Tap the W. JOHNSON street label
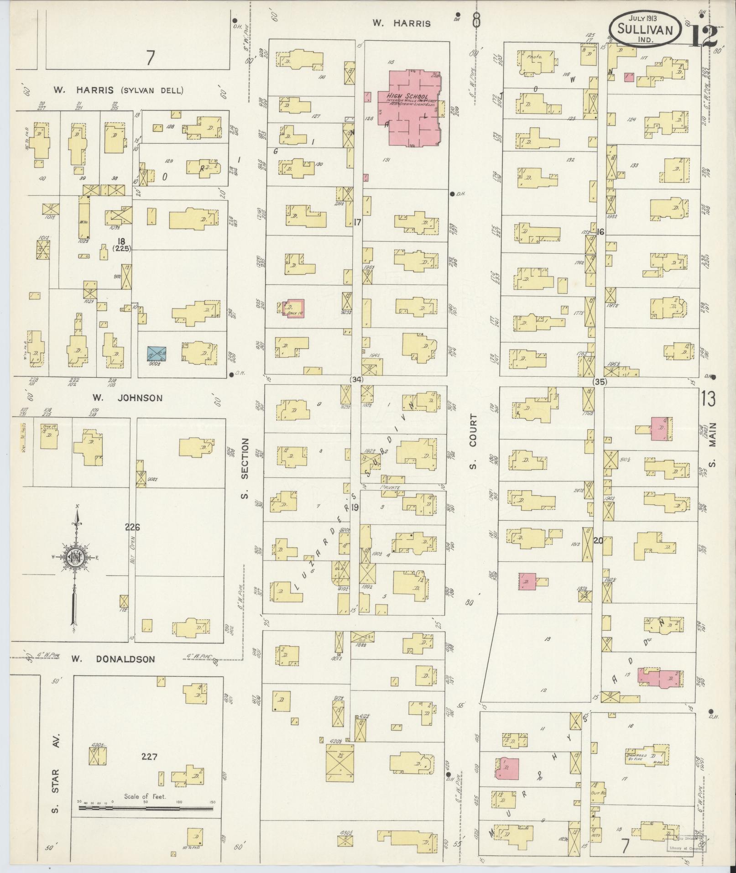[127, 398]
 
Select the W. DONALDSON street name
[113, 659]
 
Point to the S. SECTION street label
[245, 468]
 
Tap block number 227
[149, 756]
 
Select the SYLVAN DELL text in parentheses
[152, 90]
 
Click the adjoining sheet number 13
[708, 399]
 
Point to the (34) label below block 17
[356, 379]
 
